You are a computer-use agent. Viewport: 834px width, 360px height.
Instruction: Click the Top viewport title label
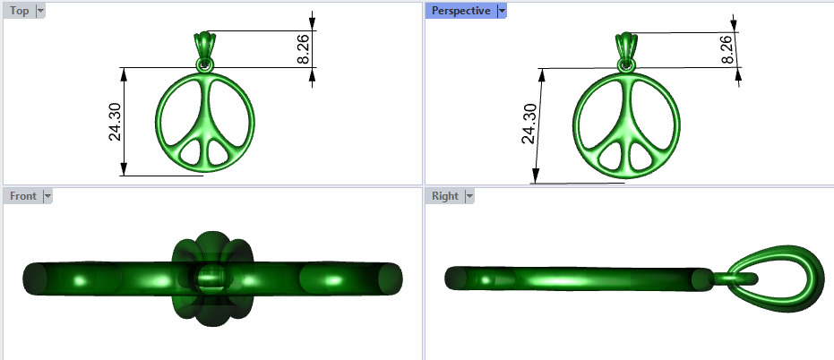pyautogui.click(x=19, y=11)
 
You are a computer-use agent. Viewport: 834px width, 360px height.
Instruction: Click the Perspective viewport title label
pyautogui.click(x=460, y=11)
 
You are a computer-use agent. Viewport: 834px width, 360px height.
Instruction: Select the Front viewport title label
pyautogui.click(x=23, y=195)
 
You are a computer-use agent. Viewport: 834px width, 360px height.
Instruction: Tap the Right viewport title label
pyautogui.click(x=444, y=195)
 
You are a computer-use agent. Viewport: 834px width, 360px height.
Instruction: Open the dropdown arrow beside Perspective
pyautogui.click(x=502, y=11)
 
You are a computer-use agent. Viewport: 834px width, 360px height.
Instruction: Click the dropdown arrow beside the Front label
pyautogui.click(x=47, y=195)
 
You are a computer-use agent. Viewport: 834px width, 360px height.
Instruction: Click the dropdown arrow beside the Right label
pyautogui.click(x=468, y=195)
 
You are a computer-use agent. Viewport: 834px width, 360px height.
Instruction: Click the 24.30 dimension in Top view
pyautogui.click(x=115, y=122)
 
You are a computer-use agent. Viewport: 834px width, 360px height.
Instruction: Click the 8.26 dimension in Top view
pyautogui.click(x=303, y=49)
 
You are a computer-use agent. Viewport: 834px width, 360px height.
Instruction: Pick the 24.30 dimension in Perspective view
pyautogui.click(x=529, y=124)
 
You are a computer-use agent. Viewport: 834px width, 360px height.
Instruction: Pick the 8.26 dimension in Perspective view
pyautogui.click(x=727, y=50)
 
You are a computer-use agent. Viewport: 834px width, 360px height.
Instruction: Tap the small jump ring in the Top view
pyautogui.click(x=205, y=65)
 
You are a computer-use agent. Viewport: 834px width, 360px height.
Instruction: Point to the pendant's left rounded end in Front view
pyautogui.click(x=36, y=278)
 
